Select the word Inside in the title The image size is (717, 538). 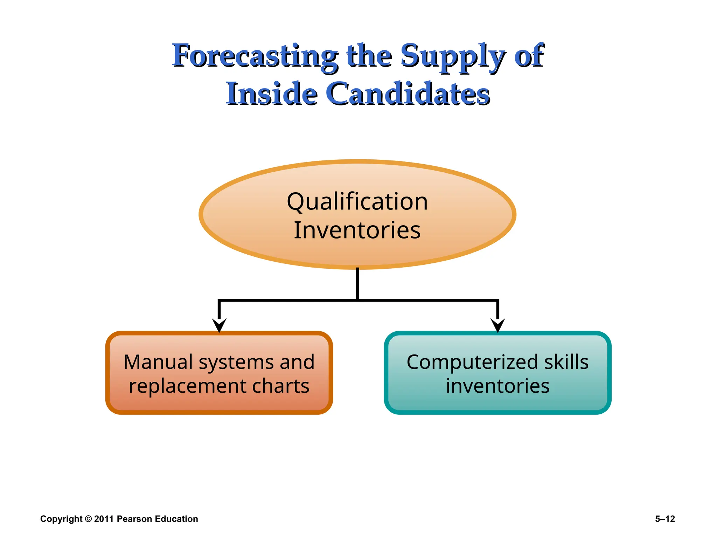(x=272, y=94)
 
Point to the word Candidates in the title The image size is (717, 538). (x=408, y=94)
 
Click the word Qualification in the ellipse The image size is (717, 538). (x=357, y=202)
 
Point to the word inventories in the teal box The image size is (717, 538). (x=497, y=386)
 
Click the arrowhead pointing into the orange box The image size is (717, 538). (x=219, y=325)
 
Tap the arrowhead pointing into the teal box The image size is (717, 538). (x=497, y=325)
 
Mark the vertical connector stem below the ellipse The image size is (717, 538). (x=357, y=284)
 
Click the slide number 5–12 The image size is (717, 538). (x=665, y=519)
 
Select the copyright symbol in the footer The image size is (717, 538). (x=88, y=519)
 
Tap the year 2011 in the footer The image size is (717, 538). (x=104, y=519)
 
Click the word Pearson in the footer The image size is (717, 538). (x=134, y=519)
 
